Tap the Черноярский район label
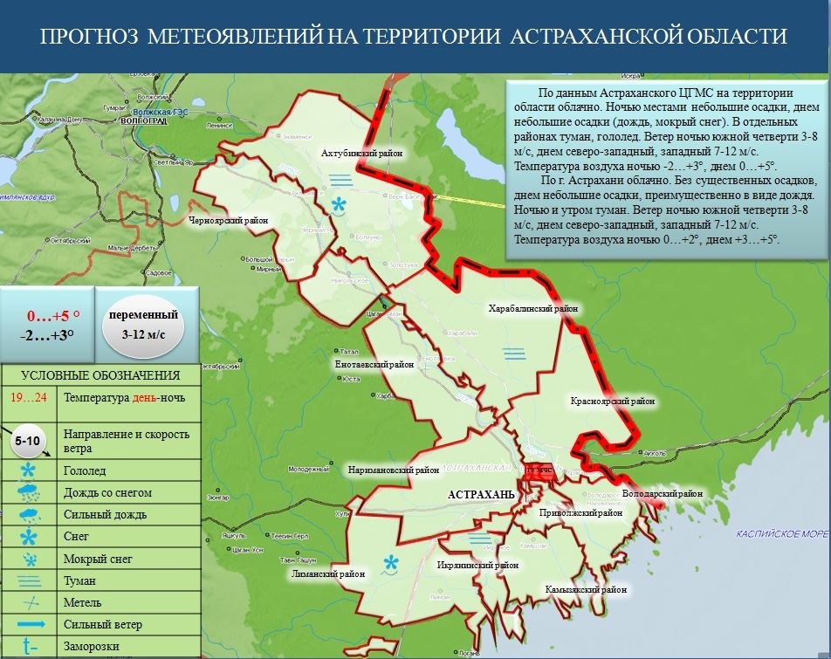(x=228, y=221)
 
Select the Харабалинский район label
(x=533, y=308)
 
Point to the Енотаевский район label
(x=374, y=365)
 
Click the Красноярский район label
(x=613, y=402)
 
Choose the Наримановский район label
(x=393, y=470)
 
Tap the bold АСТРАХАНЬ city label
(x=481, y=495)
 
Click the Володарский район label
(x=663, y=494)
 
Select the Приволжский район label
(x=580, y=513)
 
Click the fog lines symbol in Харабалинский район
(x=513, y=353)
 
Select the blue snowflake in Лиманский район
(x=392, y=563)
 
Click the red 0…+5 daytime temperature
(x=53, y=316)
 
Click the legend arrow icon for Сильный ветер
(x=31, y=624)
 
